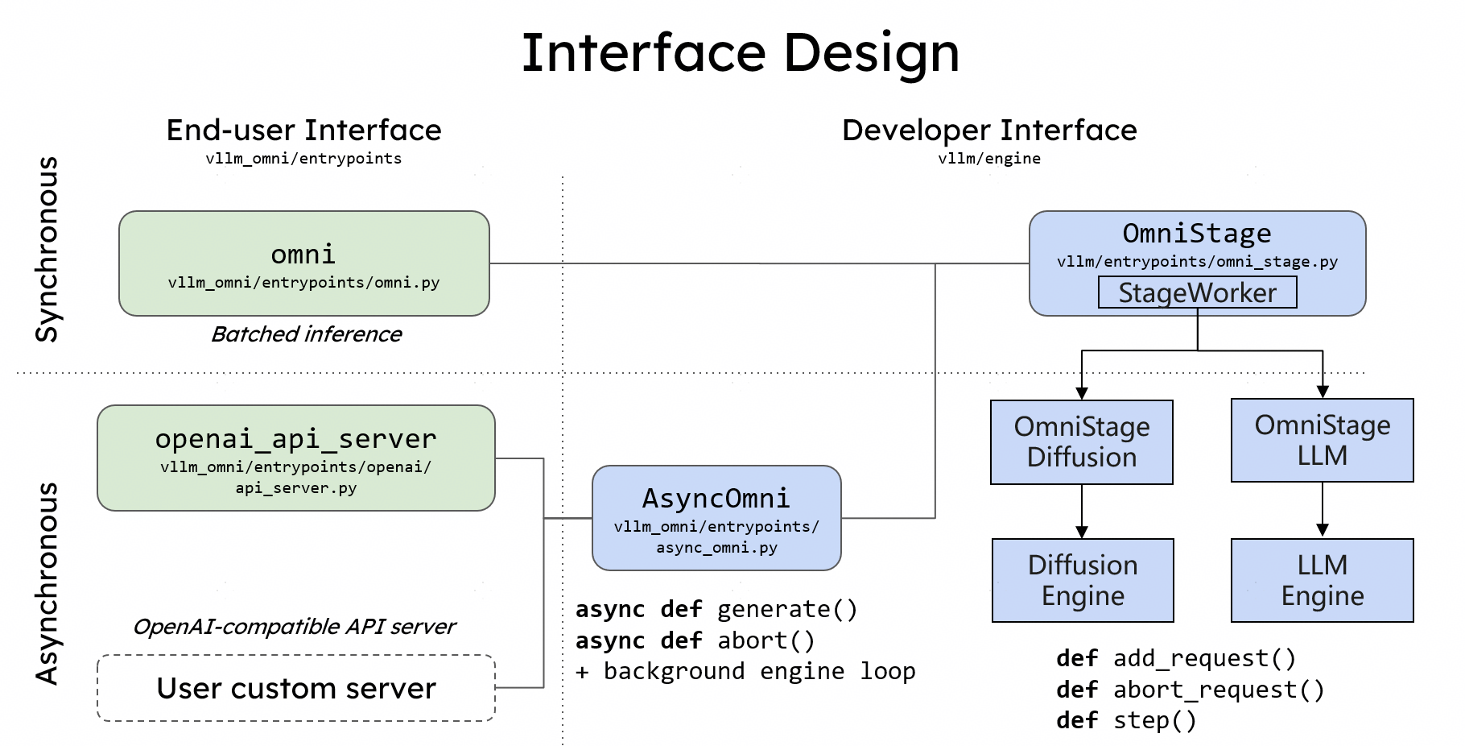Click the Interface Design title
[x=740, y=53]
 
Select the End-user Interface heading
[x=303, y=131]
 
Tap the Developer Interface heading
[x=989, y=131]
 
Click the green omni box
[x=303, y=263]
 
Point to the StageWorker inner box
[x=1197, y=292]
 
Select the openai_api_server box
[x=295, y=458]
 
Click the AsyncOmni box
[x=716, y=518]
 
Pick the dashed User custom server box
[x=295, y=688]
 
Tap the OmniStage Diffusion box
[x=1081, y=441]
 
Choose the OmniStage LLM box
[x=1322, y=440]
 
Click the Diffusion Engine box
[x=1083, y=580]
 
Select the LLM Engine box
[x=1322, y=580]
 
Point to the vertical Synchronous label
[x=47, y=250]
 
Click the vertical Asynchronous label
[x=47, y=583]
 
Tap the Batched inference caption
[x=306, y=334]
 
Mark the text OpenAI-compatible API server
[x=294, y=627]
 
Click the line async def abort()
[x=695, y=640]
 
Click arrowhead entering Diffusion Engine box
[x=1082, y=532]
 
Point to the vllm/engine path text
[x=988, y=159]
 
